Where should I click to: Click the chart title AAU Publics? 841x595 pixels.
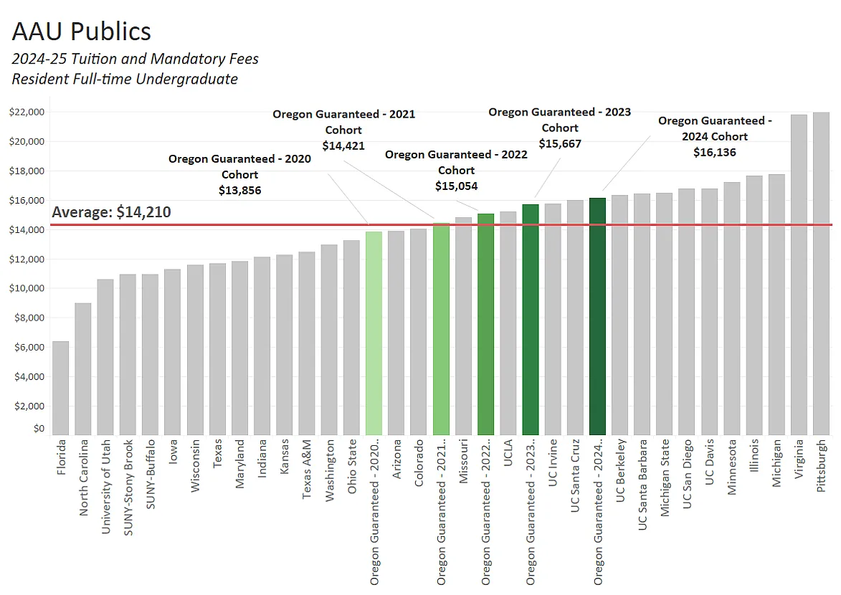tap(82, 32)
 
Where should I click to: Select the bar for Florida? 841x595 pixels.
tap(60, 388)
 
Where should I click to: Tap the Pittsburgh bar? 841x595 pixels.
tap(821, 273)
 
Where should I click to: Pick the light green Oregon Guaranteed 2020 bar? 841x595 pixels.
tap(374, 333)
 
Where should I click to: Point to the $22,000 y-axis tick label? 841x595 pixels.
tap(27, 113)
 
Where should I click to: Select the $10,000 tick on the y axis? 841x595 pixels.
tap(27, 288)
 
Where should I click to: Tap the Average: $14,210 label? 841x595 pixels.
tap(111, 212)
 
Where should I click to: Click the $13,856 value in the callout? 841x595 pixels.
tap(239, 191)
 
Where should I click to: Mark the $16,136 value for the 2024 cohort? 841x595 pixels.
tap(714, 152)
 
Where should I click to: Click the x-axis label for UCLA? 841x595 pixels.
tap(508, 453)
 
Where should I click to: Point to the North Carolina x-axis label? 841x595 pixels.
tap(83, 477)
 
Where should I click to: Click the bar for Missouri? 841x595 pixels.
tap(463, 325)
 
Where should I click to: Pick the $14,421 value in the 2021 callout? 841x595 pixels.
tap(343, 146)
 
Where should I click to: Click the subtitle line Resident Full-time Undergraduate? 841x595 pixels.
tap(125, 79)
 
